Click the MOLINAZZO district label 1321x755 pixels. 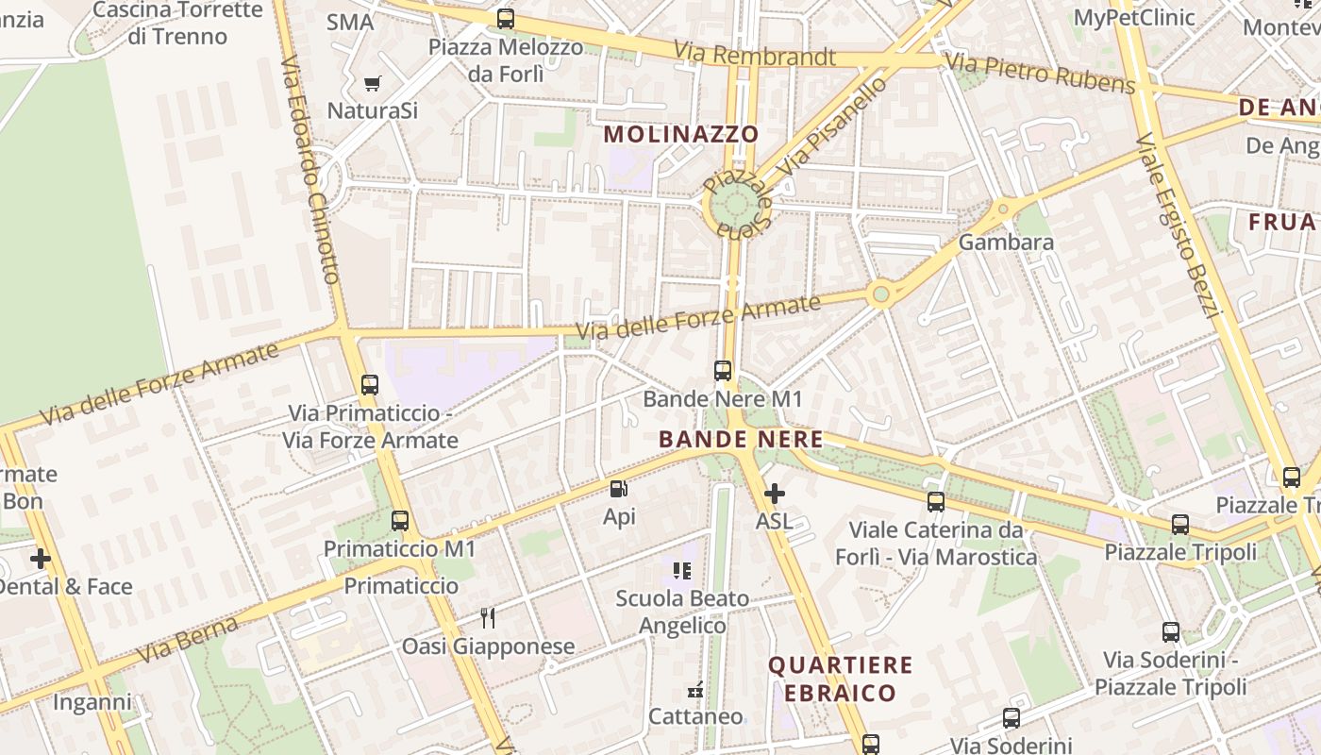(681, 134)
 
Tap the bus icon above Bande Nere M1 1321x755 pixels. (723, 371)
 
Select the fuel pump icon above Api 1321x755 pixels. (619, 489)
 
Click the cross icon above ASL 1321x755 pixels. (774, 494)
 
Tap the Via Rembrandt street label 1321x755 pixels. (754, 56)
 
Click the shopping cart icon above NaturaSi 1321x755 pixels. (373, 83)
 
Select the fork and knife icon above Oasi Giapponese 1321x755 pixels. (488, 618)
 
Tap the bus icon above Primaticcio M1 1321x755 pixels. (400, 520)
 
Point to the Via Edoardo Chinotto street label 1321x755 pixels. (309, 170)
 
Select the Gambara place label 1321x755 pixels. (1006, 243)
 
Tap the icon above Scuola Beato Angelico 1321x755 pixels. (682, 570)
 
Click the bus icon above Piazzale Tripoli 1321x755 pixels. (1180, 524)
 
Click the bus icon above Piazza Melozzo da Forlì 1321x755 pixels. (506, 18)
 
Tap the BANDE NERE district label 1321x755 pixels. (741, 440)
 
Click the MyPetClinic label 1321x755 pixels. (1134, 17)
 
